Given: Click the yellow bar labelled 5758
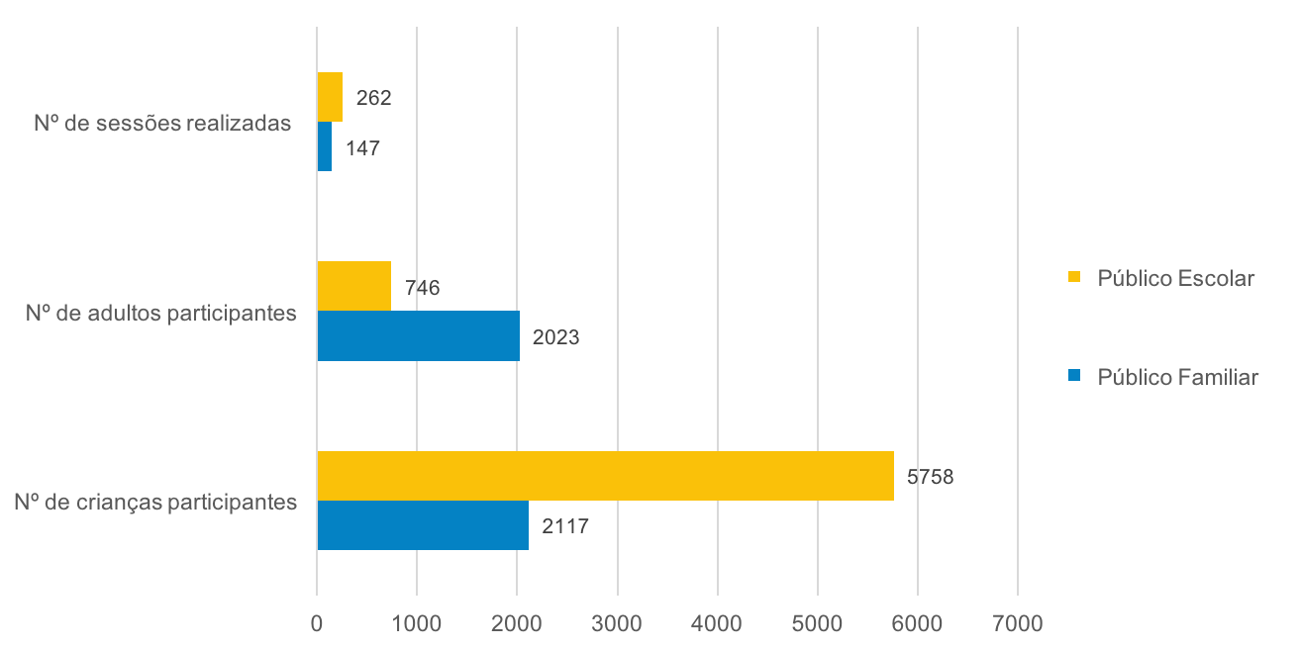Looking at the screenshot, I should coord(605,476).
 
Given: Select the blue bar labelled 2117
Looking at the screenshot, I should coord(423,525).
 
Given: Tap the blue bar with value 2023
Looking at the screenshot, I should coord(418,336).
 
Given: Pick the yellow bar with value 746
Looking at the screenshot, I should coord(353,286).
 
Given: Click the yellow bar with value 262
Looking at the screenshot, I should coord(330,97).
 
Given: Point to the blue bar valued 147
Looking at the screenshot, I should coord(324,146).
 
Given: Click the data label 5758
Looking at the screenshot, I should coord(930,477).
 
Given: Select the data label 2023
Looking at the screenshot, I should coord(555,337).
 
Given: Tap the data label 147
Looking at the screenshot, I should coord(362,148).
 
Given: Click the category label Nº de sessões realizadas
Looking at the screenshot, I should coord(162,124).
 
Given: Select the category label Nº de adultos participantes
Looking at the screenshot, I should coord(161,314).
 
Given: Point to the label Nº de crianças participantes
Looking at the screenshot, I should coord(155,502).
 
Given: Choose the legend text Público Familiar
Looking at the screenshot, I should coord(1177,377).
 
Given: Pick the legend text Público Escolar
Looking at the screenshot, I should coord(1175,278).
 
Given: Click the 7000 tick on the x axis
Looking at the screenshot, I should coord(1018,624).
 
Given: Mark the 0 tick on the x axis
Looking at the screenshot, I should coord(317,624).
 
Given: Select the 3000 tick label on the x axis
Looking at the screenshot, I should coord(617,624).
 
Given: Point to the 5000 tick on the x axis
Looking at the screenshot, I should coord(818,624).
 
